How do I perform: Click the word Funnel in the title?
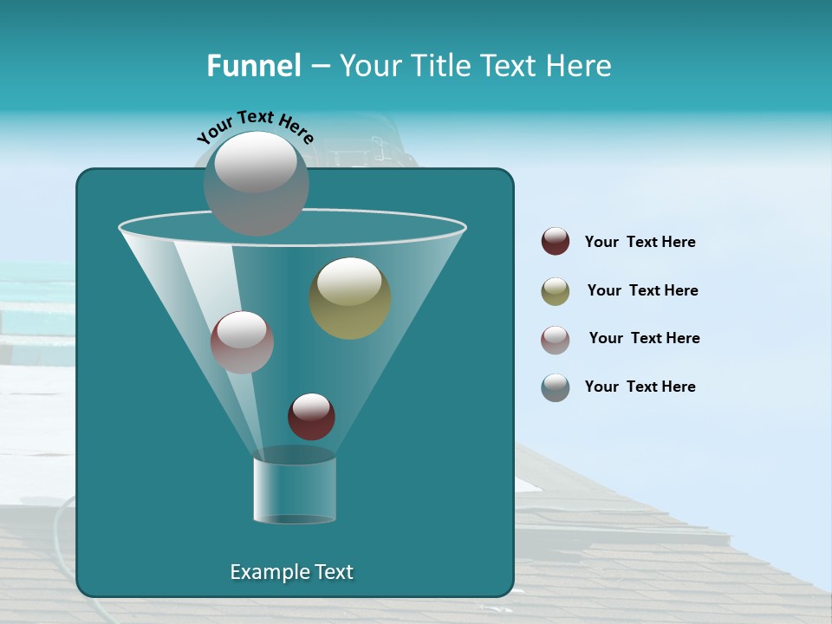tap(253, 66)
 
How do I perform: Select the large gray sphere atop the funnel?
tap(256, 184)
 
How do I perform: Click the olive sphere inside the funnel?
tap(350, 298)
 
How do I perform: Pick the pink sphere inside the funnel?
tap(242, 342)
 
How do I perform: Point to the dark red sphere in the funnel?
tap(311, 417)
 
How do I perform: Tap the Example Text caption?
tap(291, 572)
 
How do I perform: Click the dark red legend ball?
tap(556, 242)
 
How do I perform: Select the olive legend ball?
tap(556, 291)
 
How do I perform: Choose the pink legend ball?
tap(556, 339)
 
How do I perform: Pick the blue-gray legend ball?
tap(556, 387)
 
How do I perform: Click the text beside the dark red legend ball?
tap(640, 242)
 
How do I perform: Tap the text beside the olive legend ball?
tap(642, 290)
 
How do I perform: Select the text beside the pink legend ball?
tap(644, 338)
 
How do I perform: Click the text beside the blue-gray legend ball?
tap(640, 387)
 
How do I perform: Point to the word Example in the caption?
tap(261, 572)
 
